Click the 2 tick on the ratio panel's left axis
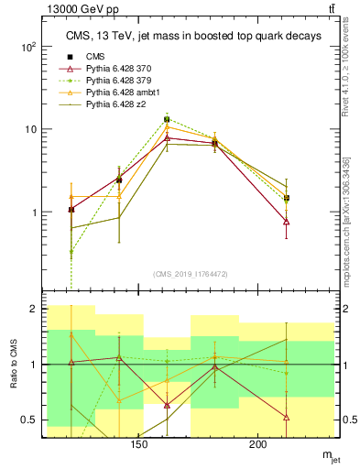coord(33,310)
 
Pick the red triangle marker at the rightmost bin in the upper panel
coord(287,222)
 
